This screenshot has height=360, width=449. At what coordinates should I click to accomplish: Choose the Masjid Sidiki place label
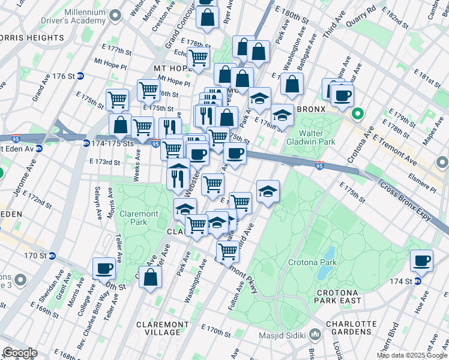click(x=282, y=335)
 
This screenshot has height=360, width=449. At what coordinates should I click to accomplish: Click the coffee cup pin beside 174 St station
click(x=422, y=261)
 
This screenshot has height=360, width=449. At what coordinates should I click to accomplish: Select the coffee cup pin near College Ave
click(x=104, y=268)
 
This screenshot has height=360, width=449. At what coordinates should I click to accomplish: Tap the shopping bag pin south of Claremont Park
click(x=150, y=277)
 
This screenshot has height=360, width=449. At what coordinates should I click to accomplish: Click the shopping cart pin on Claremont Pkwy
click(x=228, y=252)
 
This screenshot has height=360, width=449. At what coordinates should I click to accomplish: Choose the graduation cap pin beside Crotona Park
click(x=268, y=191)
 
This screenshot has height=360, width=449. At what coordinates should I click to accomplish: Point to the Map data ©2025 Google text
click(x=411, y=355)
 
